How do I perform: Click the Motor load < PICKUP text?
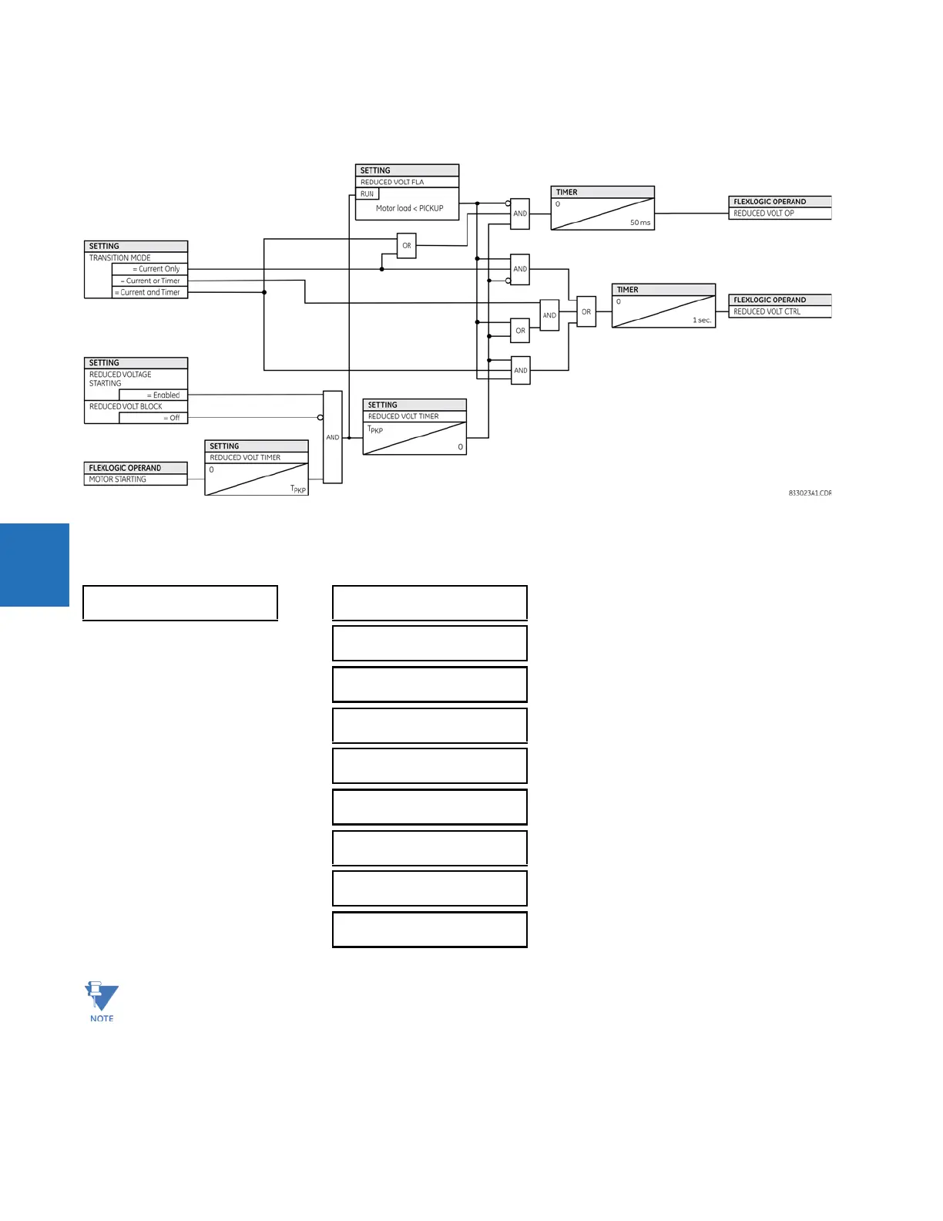(409, 208)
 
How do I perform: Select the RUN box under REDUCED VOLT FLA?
(367, 194)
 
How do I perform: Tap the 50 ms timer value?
(639, 223)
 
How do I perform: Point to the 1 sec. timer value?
(701, 320)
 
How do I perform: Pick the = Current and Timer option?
(150, 292)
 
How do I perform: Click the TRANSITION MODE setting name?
(120, 258)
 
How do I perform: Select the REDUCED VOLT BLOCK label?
(126, 406)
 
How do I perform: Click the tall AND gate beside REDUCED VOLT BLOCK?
(333, 437)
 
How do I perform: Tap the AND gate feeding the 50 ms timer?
(520, 214)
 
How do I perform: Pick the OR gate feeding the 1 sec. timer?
(586, 312)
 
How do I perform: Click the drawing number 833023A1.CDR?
(809, 493)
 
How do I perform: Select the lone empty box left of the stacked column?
(180, 603)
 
